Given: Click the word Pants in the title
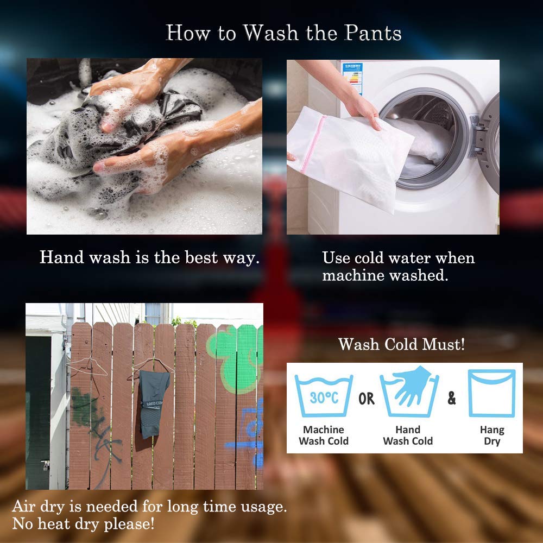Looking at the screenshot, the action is [373, 33].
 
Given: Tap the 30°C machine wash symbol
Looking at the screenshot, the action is [324, 396].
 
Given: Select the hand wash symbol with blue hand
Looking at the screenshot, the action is [409, 392].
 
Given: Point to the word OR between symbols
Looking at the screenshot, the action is [367, 399].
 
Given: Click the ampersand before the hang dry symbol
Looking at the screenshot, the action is [452, 398].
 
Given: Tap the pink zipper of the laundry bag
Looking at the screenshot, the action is [313, 144].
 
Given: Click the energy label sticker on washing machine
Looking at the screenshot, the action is [352, 78].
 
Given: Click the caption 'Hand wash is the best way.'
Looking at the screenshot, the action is [150, 258].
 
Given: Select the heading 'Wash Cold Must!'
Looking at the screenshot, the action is [402, 344].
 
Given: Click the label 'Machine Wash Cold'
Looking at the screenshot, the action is [324, 435].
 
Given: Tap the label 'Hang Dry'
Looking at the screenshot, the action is [492, 435].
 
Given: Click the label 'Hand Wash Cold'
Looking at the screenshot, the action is [408, 435].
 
